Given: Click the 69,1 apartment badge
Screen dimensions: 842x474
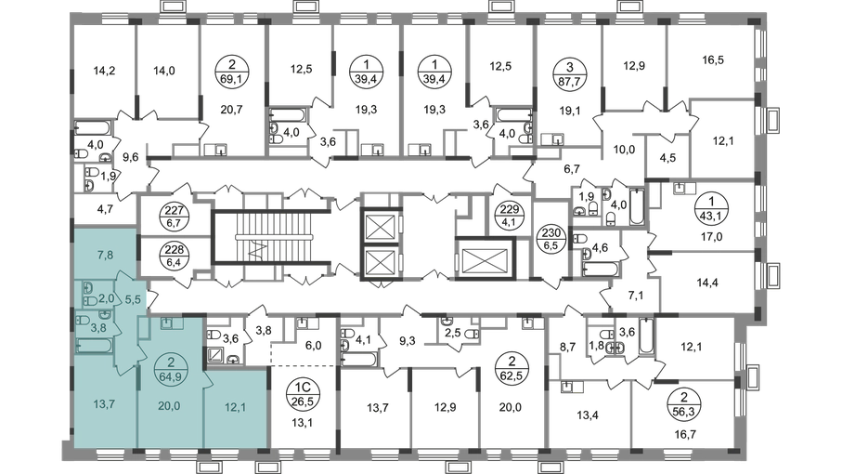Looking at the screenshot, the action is click(232, 72).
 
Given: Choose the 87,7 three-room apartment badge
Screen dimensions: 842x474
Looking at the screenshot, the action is click(570, 74).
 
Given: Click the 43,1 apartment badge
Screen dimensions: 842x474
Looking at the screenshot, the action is click(711, 209).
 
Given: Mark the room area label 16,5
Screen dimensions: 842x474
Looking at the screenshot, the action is click(713, 60).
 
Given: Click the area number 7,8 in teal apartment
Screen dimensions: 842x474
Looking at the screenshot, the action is click(106, 255).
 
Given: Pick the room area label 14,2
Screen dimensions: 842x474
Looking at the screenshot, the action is click(104, 71).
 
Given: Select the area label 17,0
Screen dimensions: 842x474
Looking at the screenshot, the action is click(711, 236).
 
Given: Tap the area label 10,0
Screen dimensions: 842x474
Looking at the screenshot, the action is click(624, 150).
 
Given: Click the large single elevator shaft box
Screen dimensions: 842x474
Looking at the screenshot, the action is click(485, 258).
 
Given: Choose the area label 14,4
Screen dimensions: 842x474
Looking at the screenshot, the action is click(707, 283).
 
